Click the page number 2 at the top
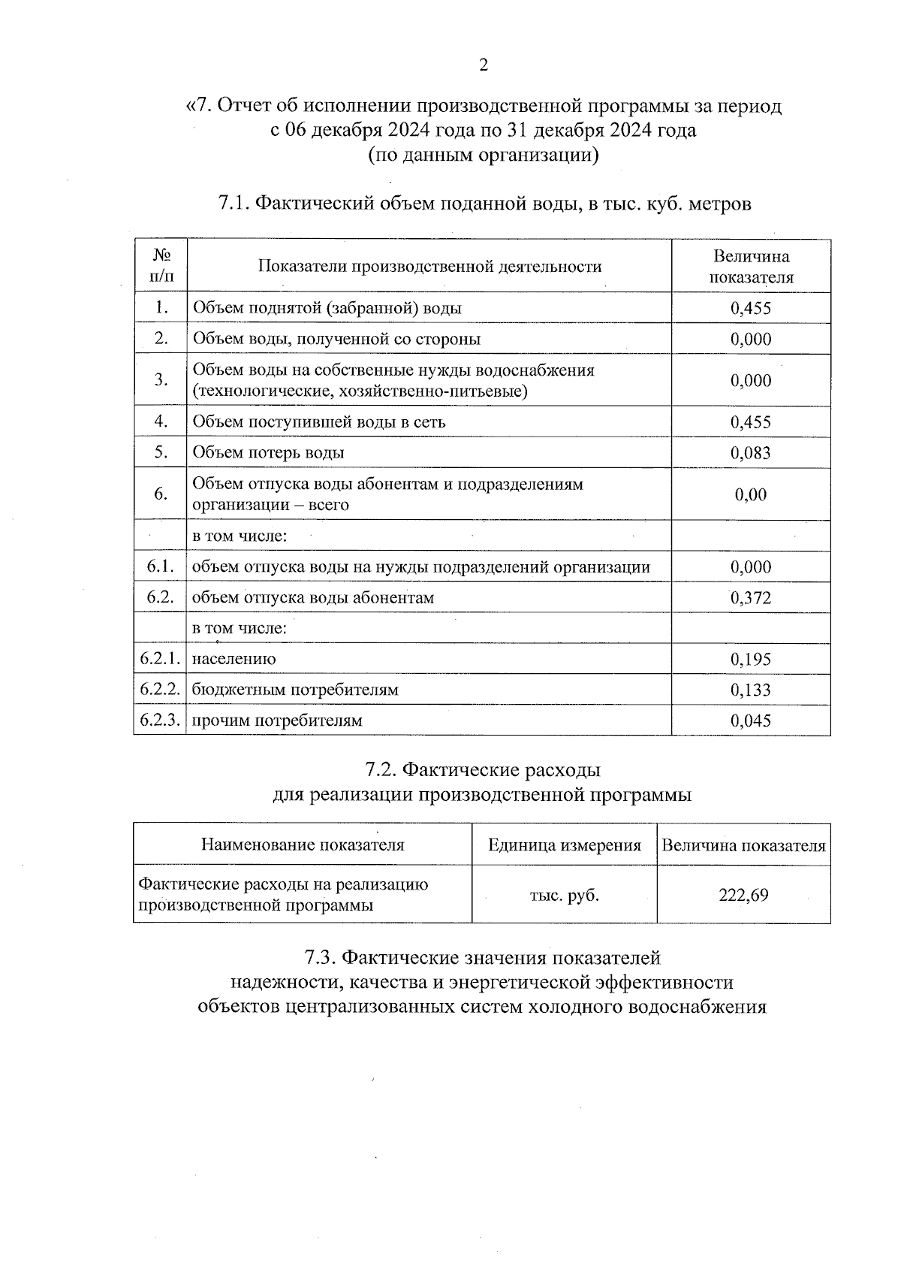[x=484, y=65]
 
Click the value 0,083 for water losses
[x=751, y=453]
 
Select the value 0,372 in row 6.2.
[x=751, y=598]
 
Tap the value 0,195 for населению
[x=751, y=660]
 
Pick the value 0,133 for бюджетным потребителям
[x=751, y=690]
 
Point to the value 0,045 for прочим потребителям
[x=751, y=721]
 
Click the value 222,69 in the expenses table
[x=743, y=896]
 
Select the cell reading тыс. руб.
[x=565, y=896]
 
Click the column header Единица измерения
[x=565, y=845]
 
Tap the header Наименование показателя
[x=303, y=844]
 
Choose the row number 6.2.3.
[x=160, y=721]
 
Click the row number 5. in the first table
[x=160, y=452]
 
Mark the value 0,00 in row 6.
[x=751, y=494]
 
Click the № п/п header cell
[x=161, y=266]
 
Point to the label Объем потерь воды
[x=269, y=453]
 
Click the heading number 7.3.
[x=320, y=958]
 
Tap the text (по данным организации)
[x=483, y=156]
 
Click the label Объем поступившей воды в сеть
[x=319, y=422]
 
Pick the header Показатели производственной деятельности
[x=429, y=267]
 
